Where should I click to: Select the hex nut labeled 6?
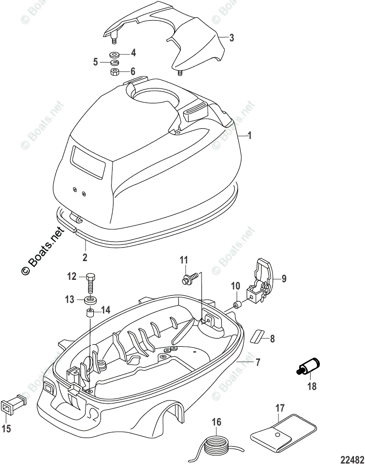(x=115, y=72)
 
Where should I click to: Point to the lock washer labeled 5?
(x=115, y=63)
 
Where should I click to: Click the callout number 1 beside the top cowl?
(x=249, y=137)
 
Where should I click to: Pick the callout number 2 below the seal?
(x=85, y=257)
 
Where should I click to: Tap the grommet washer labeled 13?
(x=90, y=301)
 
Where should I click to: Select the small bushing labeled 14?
(x=90, y=314)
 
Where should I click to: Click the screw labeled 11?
(x=191, y=277)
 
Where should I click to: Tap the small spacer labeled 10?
(x=237, y=305)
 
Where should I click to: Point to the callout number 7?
(x=258, y=362)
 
